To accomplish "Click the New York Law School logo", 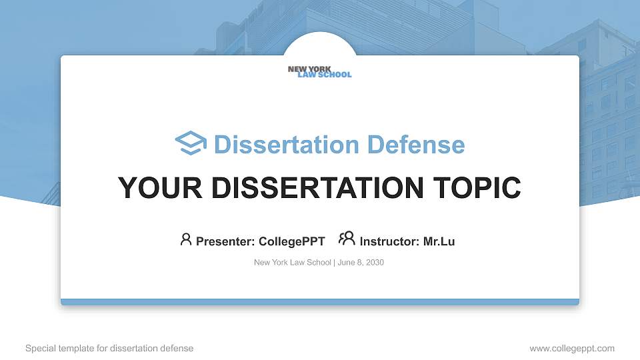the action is point(319,72).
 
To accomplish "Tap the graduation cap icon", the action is point(191,143).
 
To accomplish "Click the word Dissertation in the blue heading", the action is point(287,145).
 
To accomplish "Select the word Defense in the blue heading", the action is point(416,145).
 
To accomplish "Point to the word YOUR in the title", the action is point(160,188).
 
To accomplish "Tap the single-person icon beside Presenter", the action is point(186,239).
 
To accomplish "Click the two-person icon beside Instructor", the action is point(347,239).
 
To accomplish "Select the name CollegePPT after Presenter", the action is point(292,241).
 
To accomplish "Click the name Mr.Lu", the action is point(439,241).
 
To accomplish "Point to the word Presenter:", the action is point(225,241).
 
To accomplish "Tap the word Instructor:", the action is point(389,241).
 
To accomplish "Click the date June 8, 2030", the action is point(361,263).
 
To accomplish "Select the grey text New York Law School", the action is point(292,263).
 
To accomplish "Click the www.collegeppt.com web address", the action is point(572,349).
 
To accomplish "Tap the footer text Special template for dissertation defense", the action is point(109,348).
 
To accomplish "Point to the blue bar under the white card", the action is point(320,302).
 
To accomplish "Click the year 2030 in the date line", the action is point(375,263).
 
